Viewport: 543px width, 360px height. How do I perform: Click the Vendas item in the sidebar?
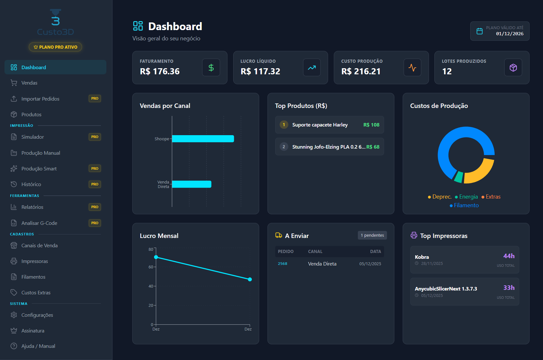[x=29, y=83]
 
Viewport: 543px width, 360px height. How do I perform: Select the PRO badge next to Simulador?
[x=95, y=137]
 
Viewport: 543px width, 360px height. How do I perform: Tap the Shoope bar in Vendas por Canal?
[x=203, y=139]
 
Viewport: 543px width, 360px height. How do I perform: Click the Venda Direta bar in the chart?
[x=192, y=184]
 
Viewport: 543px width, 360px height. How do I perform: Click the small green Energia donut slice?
[x=459, y=177]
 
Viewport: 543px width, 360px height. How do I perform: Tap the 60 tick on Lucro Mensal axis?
[x=151, y=267]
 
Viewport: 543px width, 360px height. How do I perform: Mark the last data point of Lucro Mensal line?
[x=250, y=279]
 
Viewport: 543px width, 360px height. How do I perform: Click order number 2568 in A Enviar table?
[x=282, y=264]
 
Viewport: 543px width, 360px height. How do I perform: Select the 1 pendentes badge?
[x=372, y=235]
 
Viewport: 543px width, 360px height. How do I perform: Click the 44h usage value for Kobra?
[x=509, y=256]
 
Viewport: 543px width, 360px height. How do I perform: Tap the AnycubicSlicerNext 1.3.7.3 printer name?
[x=446, y=289]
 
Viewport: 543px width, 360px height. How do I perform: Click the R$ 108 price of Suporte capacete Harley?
[x=371, y=125]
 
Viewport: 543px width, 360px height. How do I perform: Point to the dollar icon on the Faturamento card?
[x=211, y=68]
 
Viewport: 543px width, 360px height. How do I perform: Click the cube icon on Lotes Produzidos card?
[x=513, y=68]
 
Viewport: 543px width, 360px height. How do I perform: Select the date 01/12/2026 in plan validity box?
[x=509, y=34]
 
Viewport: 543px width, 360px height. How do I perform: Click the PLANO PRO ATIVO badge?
[x=55, y=47]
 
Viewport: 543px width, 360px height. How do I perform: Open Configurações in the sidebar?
[x=37, y=315]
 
